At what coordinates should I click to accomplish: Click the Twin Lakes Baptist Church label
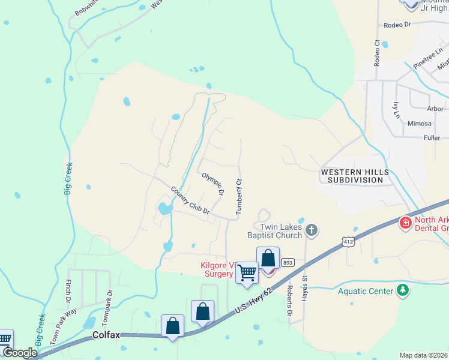274,231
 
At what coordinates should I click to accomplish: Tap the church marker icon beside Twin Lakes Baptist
311,229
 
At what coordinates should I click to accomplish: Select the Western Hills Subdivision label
352,176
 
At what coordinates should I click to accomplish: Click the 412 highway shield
348,241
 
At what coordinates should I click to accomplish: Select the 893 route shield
288,262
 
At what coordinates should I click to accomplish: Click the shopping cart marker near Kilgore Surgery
247,273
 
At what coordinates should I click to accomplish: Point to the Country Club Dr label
190,200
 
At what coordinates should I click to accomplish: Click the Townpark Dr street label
109,305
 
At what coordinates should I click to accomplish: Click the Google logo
20,353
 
